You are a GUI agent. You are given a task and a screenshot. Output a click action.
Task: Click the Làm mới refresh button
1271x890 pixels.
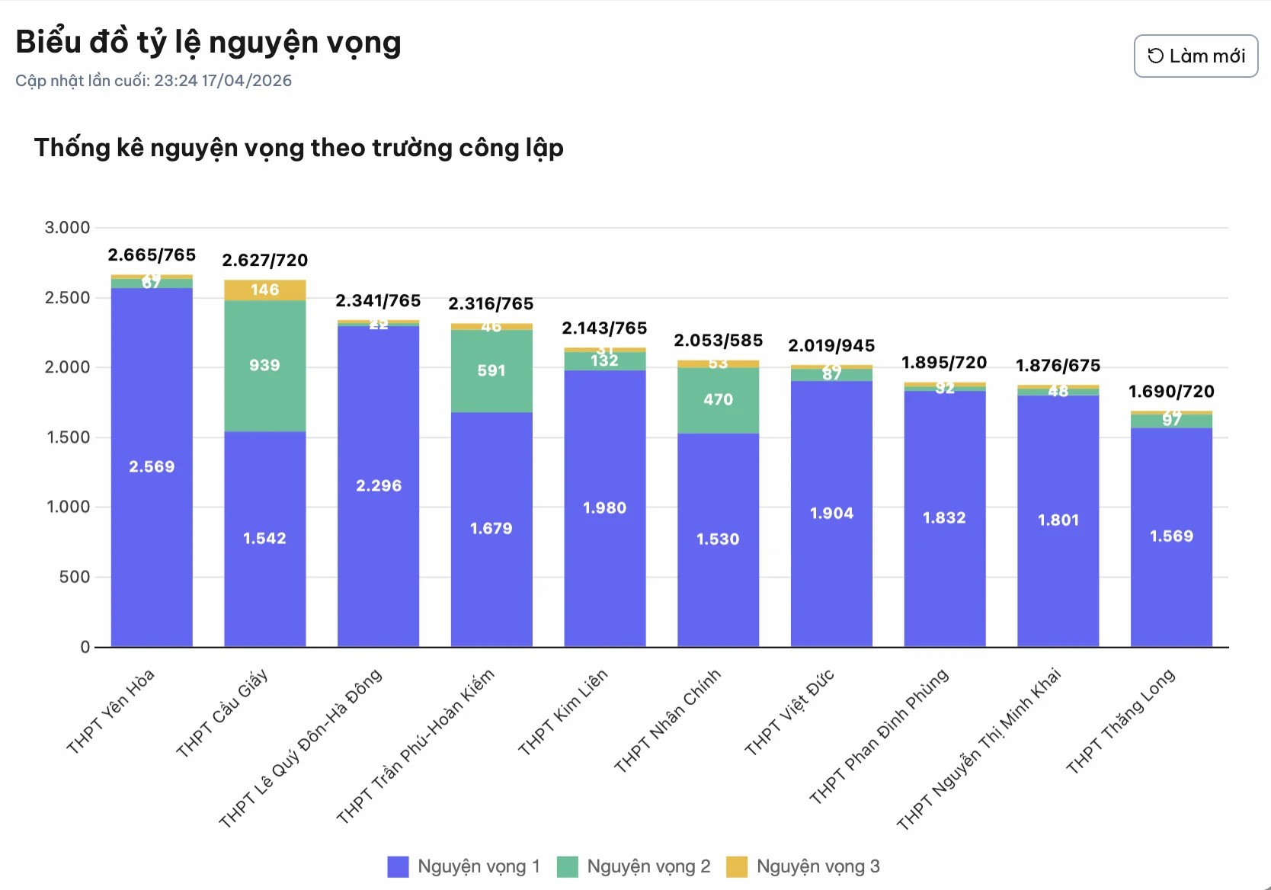[x=1196, y=56]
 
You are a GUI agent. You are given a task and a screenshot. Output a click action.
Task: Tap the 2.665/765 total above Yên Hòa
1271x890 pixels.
[x=152, y=255]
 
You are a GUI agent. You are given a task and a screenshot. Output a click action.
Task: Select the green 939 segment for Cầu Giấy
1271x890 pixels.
[x=264, y=366]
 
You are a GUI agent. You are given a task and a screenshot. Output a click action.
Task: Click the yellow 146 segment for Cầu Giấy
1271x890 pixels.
[x=264, y=290]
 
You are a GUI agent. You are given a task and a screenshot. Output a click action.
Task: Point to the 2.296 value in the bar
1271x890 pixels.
[x=379, y=486]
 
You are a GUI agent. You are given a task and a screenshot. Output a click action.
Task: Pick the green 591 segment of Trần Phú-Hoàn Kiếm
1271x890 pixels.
[x=491, y=371]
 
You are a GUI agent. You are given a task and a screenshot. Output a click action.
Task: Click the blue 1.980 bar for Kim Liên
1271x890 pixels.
[x=605, y=508]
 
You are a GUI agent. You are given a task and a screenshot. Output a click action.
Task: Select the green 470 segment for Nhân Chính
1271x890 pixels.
[x=718, y=400]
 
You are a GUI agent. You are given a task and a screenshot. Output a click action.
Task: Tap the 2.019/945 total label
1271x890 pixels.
[x=831, y=346]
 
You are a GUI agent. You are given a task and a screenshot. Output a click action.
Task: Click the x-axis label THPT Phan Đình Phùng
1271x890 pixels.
[x=879, y=737]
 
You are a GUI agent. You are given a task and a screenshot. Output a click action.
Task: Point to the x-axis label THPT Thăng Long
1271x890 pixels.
[x=1120, y=722]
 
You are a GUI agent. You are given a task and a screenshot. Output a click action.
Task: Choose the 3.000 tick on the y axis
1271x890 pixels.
[x=67, y=228]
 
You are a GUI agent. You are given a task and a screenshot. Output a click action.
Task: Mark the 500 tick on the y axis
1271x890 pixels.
[x=74, y=578]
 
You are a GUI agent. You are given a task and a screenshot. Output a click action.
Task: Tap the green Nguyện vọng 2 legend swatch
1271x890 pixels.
[x=568, y=867]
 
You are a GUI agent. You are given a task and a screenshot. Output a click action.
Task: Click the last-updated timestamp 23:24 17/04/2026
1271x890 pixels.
[x=223, y=81]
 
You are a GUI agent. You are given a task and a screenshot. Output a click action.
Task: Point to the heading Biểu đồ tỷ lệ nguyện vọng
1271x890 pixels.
[x=208, y=43]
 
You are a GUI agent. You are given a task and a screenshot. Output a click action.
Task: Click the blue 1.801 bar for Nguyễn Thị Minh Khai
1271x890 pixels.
[x=1058, y=520]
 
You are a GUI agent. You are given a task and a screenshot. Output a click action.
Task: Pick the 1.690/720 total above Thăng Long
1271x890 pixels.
[x=1171, y=392]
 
